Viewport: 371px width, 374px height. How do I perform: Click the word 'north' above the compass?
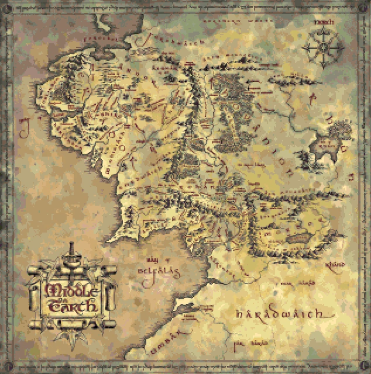[x=321, y=23]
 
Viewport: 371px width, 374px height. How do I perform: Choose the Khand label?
[x=334, y=264]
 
